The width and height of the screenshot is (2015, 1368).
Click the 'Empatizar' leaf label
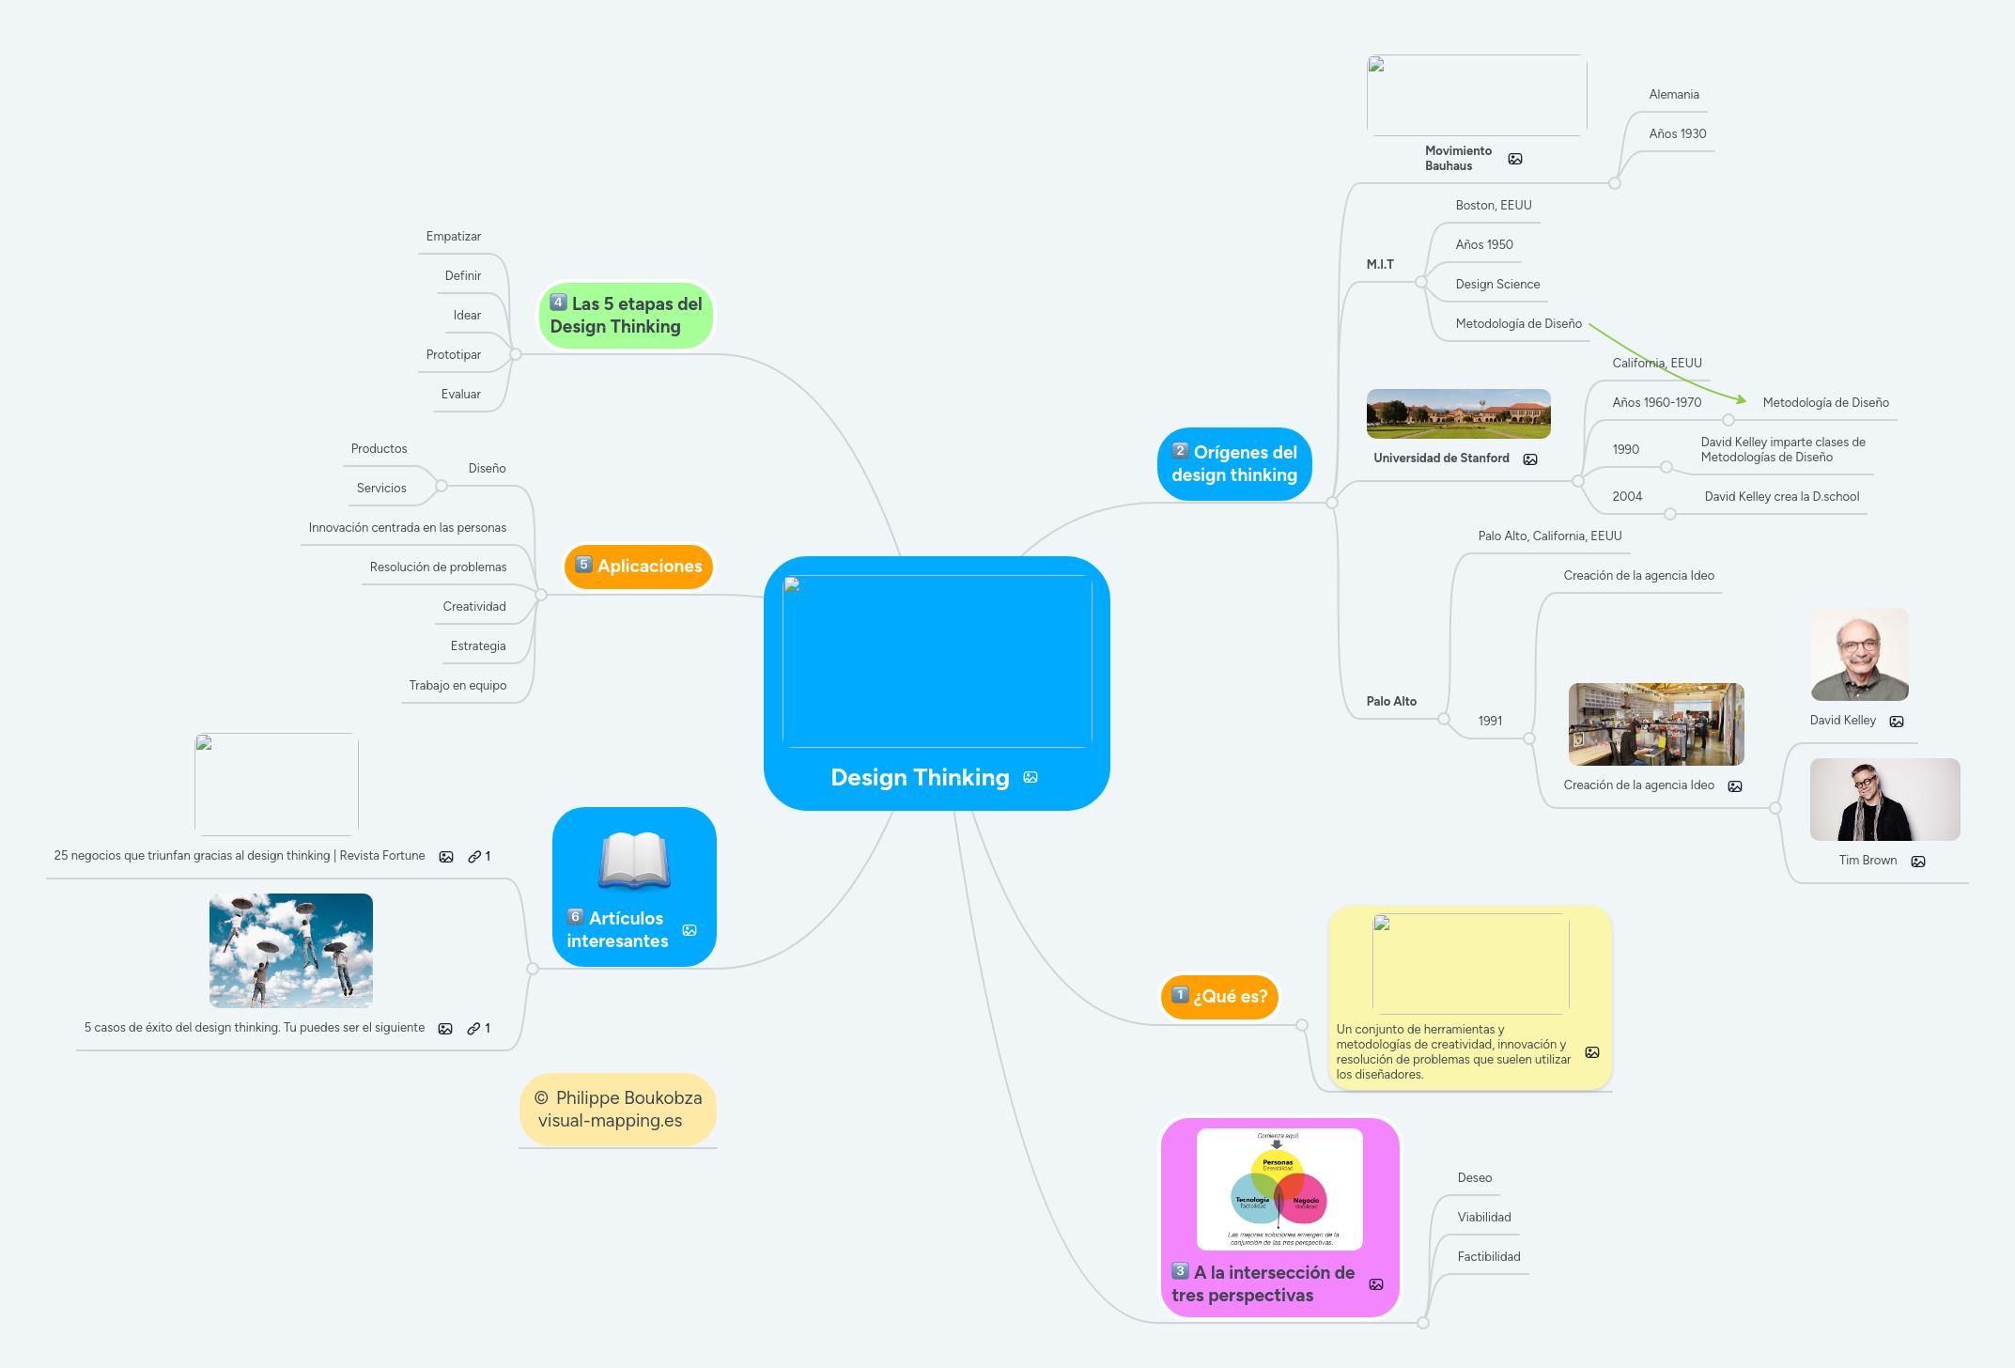453,237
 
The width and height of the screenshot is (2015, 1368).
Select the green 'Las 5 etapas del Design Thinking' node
626,316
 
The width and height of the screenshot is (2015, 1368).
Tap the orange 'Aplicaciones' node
640,567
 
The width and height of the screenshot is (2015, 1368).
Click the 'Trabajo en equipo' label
457,686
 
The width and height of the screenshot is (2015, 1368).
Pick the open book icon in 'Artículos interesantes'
634,860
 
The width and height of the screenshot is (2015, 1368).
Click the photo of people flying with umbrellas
291,950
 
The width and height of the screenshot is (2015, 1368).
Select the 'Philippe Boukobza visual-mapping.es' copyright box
618,1110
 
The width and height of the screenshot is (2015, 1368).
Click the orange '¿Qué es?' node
1219,997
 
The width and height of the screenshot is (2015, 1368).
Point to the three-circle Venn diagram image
1279,1189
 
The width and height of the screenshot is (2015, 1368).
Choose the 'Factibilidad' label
1488,1257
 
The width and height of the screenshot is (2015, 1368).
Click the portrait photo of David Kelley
1859,655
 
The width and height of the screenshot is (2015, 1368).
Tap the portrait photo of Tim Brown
1883,800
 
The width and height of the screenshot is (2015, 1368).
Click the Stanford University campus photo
1458,414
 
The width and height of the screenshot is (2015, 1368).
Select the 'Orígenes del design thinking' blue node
1234,464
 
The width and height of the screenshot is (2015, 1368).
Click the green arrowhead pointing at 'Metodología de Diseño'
1741,400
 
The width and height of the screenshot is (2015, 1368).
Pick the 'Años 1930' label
1677,134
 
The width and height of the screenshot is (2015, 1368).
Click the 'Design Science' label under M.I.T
1497,285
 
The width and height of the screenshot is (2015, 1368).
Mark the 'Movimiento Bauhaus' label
1457,159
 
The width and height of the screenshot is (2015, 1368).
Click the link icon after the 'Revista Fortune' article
474,857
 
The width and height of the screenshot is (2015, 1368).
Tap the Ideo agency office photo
1655,724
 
